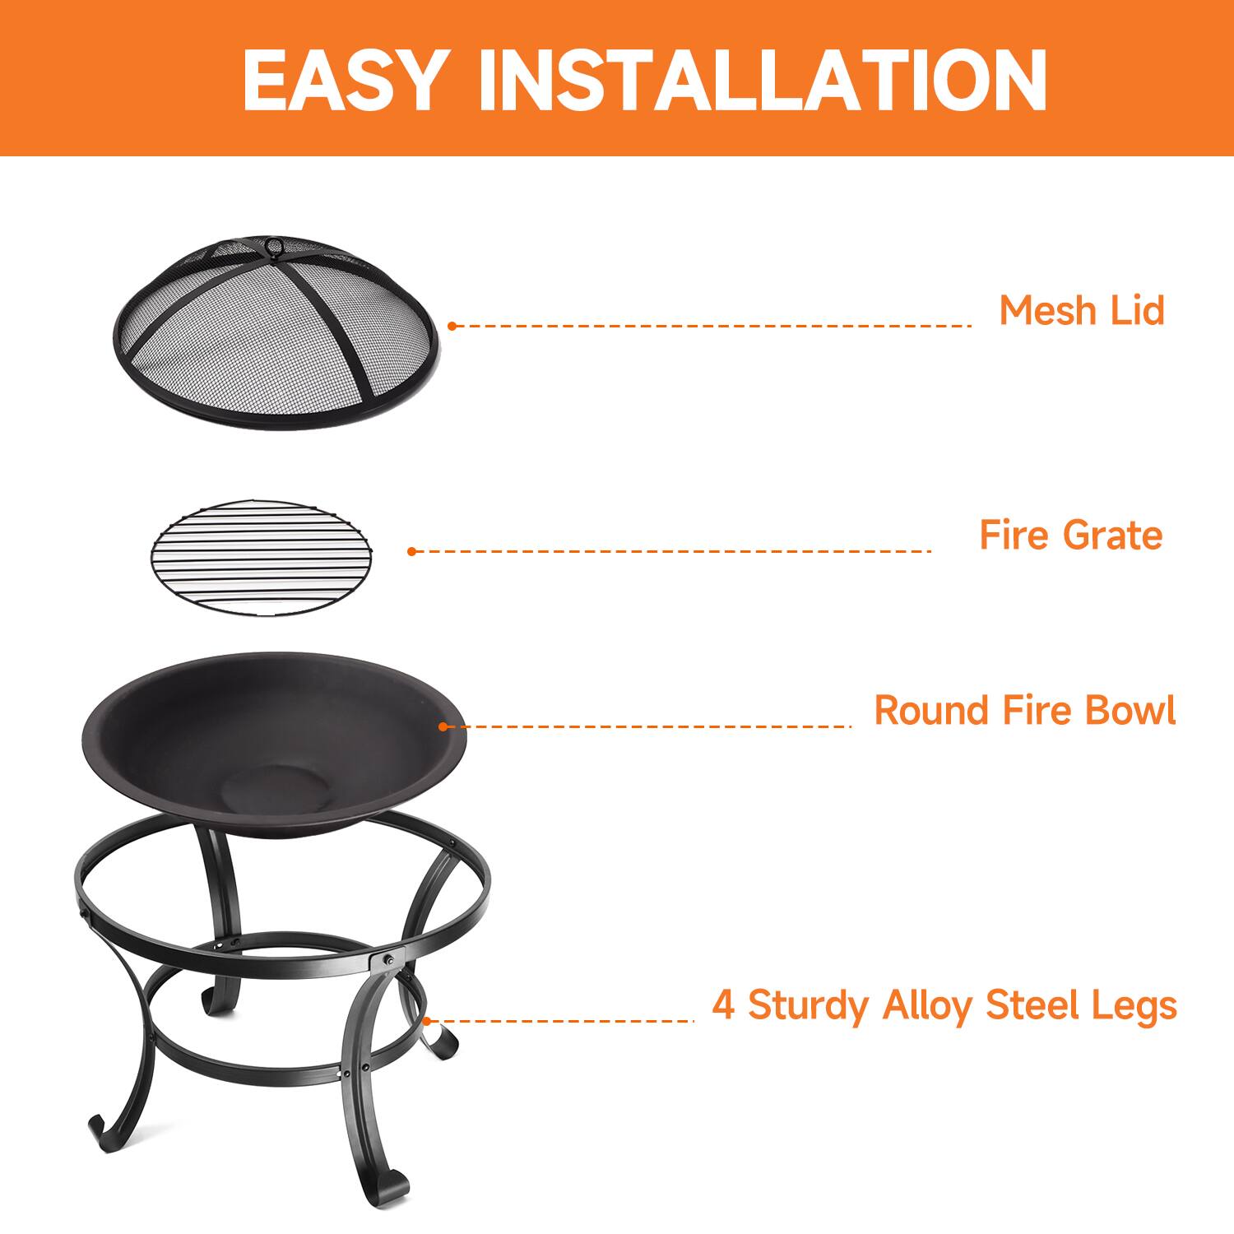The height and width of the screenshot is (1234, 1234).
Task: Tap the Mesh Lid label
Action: [1082, 311]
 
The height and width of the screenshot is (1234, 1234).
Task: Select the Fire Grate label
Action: [1070, 536]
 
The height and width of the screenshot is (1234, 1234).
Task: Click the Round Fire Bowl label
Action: [1024, 711]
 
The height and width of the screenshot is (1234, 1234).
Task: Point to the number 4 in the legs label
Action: [723, 1005]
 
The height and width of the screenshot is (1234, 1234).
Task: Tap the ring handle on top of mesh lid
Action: [272, 245]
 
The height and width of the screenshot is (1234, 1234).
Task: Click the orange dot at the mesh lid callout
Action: [452, 326]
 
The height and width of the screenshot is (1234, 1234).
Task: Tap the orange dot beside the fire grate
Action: [412, 551]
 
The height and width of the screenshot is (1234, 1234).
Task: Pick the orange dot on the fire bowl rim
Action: [443, 726]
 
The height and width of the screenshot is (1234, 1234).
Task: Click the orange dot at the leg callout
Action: [426, 1021]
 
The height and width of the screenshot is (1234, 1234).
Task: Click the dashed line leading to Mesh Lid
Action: [712, 326]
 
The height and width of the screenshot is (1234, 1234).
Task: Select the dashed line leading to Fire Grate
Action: [670, 551]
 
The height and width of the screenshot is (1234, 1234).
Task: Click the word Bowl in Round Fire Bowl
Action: [1130, 711]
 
